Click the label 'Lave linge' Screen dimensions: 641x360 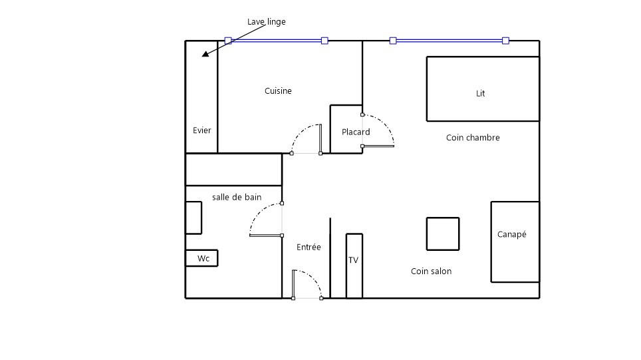(x=266, y=22)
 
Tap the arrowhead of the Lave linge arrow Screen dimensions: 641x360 (x=205, y=54)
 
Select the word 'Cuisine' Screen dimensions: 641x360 (x=278, y=90)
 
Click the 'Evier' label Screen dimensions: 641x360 (x=202, y=130)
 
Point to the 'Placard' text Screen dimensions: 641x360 (x=356, y=132)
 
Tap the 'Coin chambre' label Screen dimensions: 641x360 (x=473, y=138)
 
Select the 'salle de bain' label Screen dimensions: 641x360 (x=237, y=197)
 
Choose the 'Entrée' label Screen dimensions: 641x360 (x=309, y=247)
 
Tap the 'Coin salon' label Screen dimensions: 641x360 (x=432, y=271)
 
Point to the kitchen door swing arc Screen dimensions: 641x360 (x=299, y=132)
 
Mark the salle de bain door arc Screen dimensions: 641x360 (x=259, y=212)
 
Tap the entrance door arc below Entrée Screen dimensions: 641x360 (x=314, y=277)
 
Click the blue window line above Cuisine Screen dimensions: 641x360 (x=277, y=41)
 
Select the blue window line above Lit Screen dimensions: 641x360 (x=449, y=41)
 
